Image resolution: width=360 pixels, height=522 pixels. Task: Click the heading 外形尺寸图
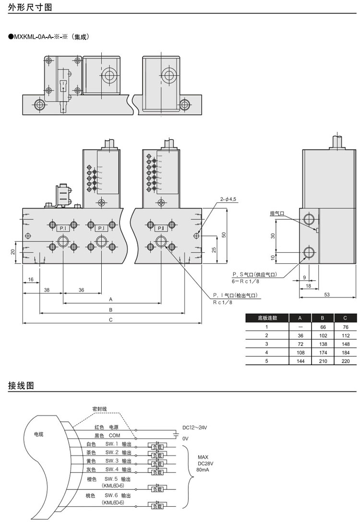(x=30, y=7)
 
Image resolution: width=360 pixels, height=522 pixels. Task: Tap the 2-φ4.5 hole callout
(x=228, y=199)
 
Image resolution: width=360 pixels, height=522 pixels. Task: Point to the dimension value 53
(x=327, y=295)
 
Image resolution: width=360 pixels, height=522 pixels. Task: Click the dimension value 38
(x=47, y=290)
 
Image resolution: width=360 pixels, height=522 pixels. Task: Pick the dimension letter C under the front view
(x=111, y=320)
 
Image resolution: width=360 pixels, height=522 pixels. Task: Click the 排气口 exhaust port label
(x=277, y=213)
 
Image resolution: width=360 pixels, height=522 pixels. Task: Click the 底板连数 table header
(x=267, y=318)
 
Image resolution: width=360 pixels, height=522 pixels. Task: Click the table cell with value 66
(x=322, y=326)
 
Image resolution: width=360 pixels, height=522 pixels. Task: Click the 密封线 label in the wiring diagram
(x=99, y=409)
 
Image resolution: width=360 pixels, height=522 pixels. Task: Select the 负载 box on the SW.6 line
(x=157, y=505)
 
